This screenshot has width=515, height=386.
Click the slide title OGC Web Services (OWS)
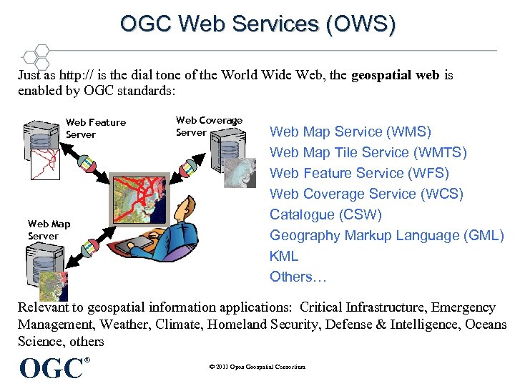(257, 24)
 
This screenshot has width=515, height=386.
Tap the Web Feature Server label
(95, 128)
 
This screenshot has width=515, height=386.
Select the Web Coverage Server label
(209, 126)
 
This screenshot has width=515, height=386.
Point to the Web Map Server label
(49, 230)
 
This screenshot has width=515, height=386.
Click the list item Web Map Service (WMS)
(350, 132)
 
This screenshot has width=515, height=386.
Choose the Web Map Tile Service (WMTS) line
(368, 152)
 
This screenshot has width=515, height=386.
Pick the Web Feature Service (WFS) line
(359, 173)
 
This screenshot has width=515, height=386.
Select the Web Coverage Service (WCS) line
(366, 194)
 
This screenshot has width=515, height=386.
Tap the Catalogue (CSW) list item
(325, 214)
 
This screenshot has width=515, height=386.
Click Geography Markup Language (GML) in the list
(386, 235)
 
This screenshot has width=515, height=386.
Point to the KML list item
(284, 256)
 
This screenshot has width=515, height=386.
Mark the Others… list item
(292, 277)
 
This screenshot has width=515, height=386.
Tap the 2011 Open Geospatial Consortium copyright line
(257, 367)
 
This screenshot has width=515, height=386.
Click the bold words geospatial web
(396, 75)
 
